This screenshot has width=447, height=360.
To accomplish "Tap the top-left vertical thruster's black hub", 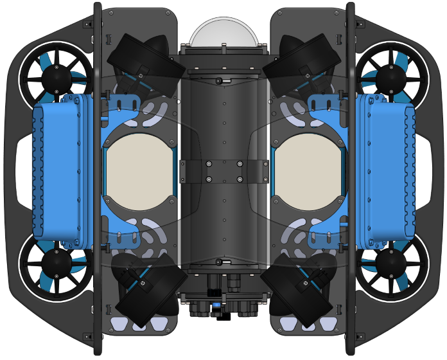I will (x=56, y=78).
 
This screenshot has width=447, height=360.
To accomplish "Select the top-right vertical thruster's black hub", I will (x=390, y=78).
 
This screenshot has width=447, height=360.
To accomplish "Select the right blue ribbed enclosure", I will (x=388, y=171).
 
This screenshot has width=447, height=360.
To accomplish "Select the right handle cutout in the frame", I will (x=426, y=171).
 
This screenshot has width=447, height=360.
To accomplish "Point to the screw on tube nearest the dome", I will (x=220, y=82).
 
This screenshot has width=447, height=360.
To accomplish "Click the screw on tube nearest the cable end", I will (x=220, y=261).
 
